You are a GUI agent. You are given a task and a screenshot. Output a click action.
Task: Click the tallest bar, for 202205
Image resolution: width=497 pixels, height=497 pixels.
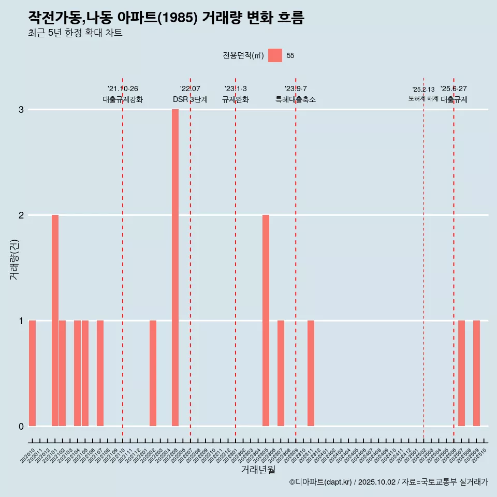click(175, 268)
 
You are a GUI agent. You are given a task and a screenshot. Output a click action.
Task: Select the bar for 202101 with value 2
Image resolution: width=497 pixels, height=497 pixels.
click(55, 320)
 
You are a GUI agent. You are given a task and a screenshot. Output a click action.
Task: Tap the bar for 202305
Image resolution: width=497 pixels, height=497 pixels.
click(266, 320)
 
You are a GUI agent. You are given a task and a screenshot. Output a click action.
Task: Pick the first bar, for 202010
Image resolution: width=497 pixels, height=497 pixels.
click(32, 373)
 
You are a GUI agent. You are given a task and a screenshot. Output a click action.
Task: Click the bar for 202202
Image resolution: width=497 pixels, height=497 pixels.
click(153, 373)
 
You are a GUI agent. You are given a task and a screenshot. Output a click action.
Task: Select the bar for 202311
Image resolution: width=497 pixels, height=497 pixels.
click(311, 373)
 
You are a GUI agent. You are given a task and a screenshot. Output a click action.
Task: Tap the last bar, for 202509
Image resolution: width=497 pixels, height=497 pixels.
click(476, 373)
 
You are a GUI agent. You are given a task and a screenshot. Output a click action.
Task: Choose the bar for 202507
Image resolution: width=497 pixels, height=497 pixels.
click(461, 373)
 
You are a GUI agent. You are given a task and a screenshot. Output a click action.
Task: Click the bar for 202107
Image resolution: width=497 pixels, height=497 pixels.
click(100, 373)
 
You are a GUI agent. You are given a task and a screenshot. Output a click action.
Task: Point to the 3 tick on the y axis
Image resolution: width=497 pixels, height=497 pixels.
click(21, 110)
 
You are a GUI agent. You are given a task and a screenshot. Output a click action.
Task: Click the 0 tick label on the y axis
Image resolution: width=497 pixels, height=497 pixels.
click(21, 426)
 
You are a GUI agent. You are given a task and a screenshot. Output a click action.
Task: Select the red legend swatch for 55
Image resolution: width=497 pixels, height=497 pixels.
click(275, 55)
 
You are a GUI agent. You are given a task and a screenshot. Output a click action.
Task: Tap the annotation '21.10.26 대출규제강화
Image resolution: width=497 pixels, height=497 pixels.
click(123, 94)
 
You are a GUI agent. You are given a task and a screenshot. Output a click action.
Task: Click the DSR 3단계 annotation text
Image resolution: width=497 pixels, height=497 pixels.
click(190, 99)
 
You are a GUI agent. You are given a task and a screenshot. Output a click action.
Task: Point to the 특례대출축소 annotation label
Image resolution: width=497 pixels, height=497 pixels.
click(296, 99)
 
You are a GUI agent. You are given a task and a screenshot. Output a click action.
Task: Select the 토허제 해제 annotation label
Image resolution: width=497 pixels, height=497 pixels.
click(423, 98)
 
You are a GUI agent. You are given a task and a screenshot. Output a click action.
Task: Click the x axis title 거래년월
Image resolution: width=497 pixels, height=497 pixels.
click(258, 470)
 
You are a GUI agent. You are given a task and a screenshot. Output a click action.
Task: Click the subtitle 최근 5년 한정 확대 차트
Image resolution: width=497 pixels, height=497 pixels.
click(76, 34)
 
